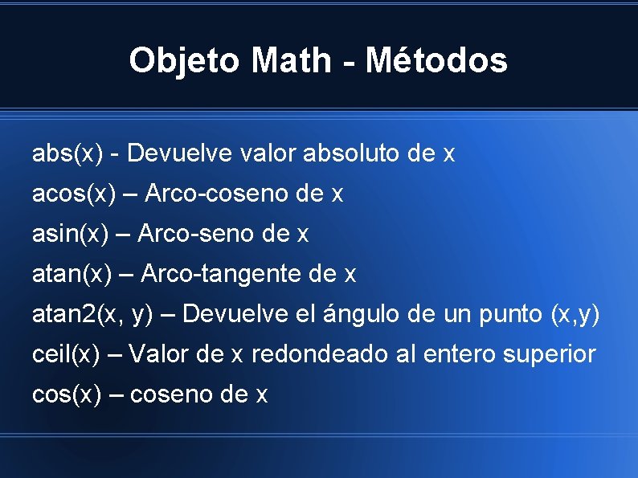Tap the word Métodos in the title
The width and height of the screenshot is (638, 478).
436,61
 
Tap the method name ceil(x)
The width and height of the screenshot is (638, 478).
67,354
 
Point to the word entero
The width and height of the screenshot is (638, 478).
452,354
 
